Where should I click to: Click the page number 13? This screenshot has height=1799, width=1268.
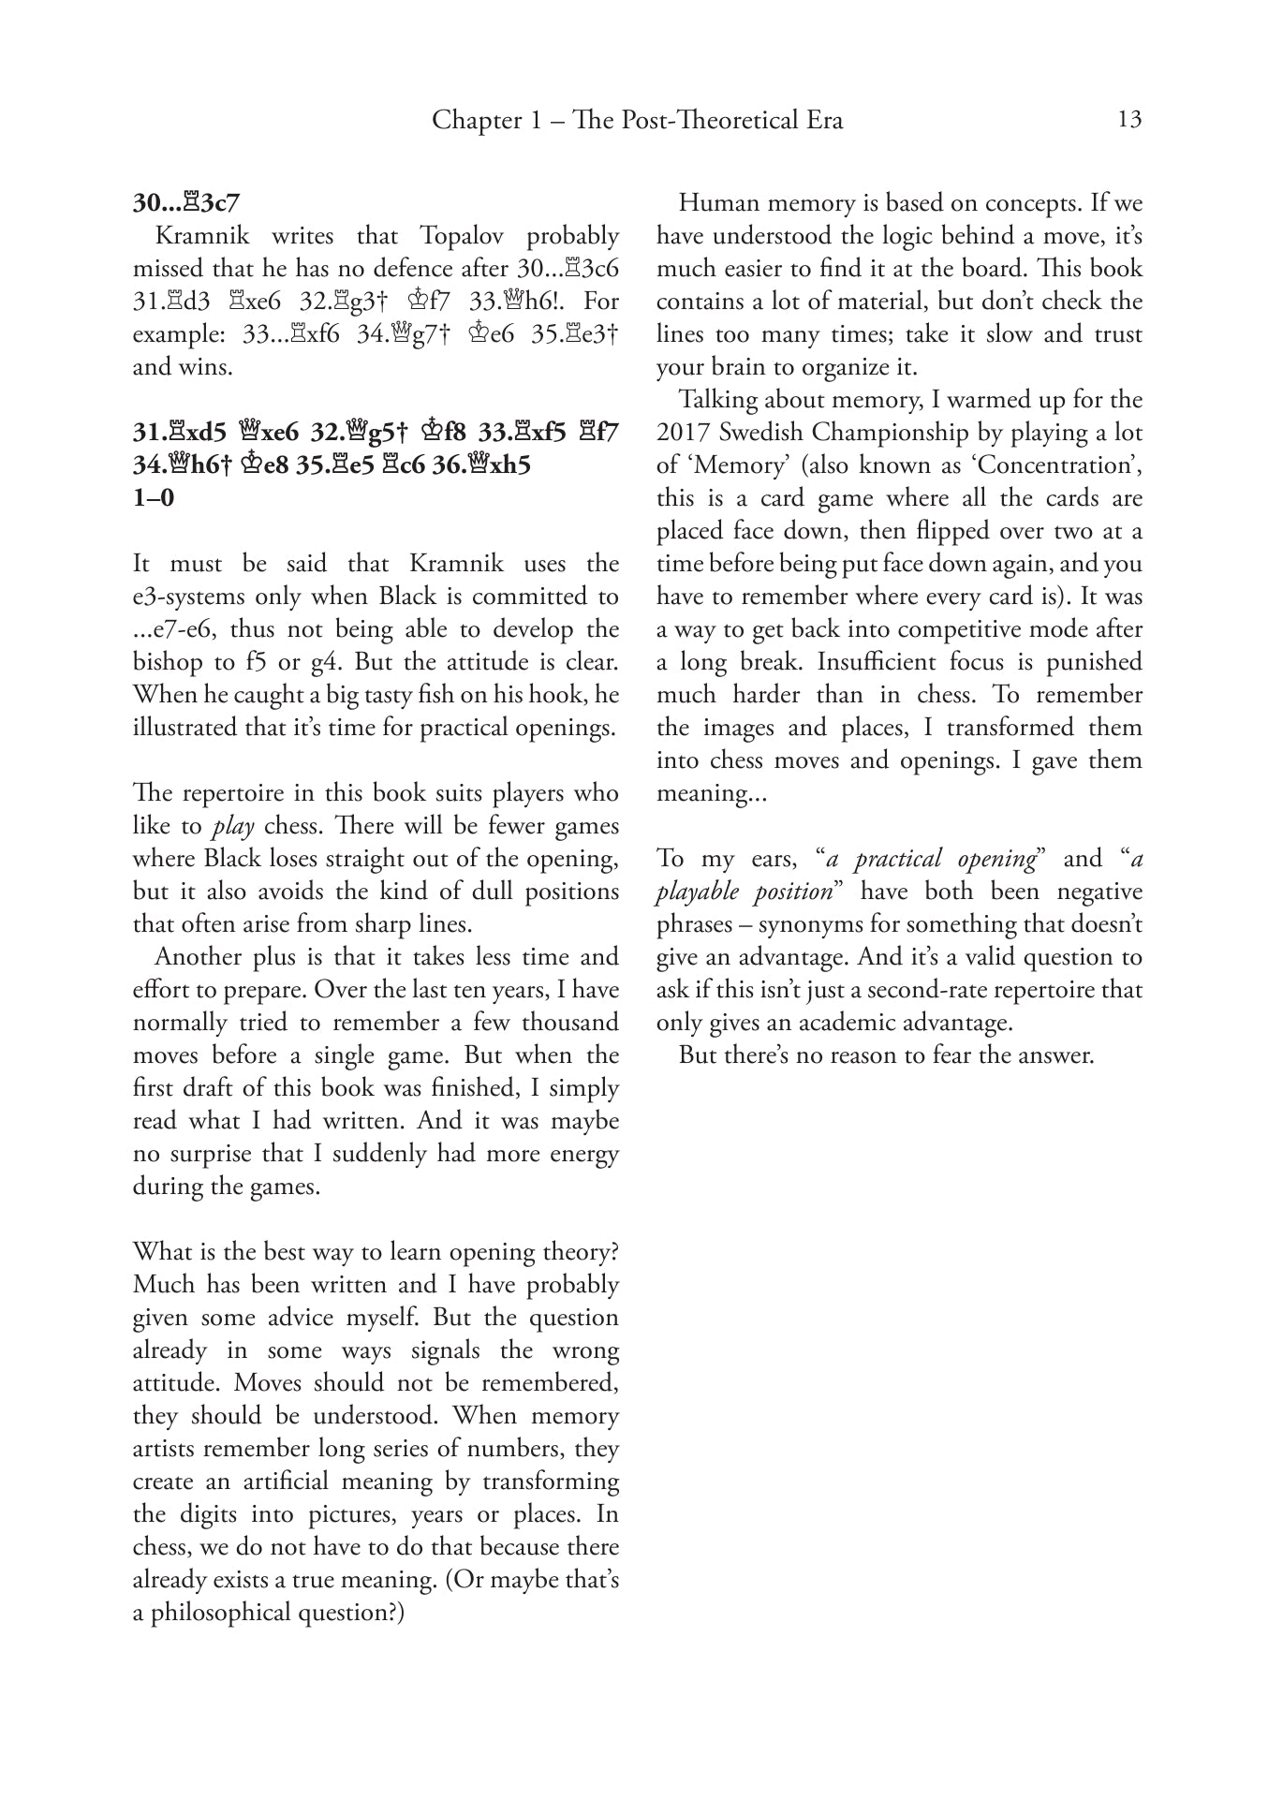pyautogui.click(x=1129, y=120)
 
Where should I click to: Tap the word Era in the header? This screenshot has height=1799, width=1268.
pyautogui.click(x=824, y=121)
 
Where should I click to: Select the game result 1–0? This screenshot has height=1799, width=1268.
pyautogui.click(x=154, y=497)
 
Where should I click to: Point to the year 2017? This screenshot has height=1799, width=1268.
pyautogui.click(x=686, y=433)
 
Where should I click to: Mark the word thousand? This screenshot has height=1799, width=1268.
pyautogui.click(x=570, y=1023)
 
